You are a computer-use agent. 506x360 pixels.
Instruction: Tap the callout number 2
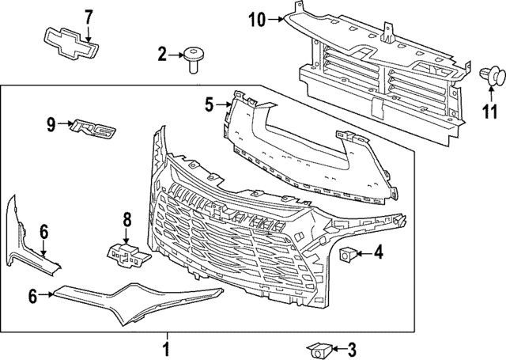click(x=161, y=55)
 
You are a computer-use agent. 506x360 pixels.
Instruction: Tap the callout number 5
click(x=209, y=103)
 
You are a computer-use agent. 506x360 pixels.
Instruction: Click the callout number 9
click(x=51, y=123)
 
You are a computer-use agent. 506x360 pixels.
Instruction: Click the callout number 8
click(x=126, y=221)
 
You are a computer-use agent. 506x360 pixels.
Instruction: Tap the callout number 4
click(x=378, y=254)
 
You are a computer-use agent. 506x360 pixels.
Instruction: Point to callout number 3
click(x=352, y=347)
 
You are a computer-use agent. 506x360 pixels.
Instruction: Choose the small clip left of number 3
click(x=321, y=347)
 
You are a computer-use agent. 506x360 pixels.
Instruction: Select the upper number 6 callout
click(x=43, y=231)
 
